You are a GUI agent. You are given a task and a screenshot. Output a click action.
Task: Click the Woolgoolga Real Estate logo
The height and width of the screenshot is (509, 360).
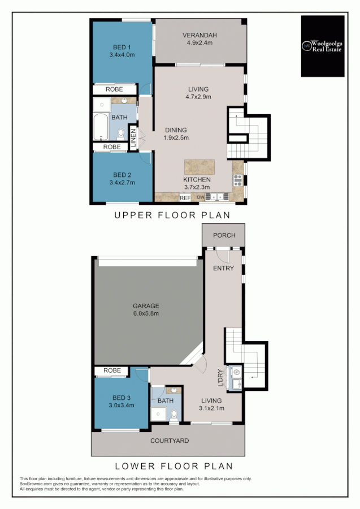pos(322,46)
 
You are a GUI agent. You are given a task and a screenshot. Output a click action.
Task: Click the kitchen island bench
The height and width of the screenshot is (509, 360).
pos(199,167)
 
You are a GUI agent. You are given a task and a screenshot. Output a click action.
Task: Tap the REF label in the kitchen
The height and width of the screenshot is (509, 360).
pos(185,199)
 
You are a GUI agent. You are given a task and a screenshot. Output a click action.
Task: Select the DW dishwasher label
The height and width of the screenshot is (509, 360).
pos(200,197)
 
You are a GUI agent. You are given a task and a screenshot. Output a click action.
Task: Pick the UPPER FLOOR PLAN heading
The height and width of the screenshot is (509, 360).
pos(172,215)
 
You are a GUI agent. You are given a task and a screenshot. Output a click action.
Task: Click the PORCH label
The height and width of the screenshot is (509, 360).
pos(224,235)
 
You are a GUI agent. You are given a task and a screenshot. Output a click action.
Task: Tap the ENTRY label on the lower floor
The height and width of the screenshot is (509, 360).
pos(223,269)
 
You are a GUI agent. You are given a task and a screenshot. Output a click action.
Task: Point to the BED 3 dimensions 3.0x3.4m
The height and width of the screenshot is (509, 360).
pos(122,406)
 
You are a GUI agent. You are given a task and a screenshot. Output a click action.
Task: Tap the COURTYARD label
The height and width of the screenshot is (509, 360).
pos(169,441)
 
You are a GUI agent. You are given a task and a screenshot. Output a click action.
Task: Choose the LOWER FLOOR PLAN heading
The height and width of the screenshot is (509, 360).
pos(174,467)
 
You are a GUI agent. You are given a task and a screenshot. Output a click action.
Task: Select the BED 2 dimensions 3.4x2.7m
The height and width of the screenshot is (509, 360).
pos(122,183)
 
